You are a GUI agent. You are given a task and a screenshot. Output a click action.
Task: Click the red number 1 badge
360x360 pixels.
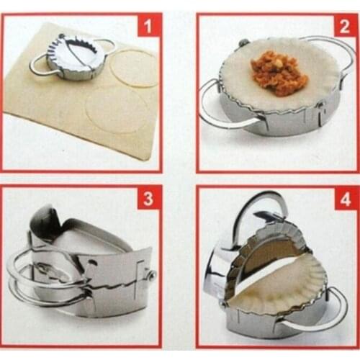(x=149, y=29)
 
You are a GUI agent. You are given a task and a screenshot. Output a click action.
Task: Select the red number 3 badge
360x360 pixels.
(x=150, y=198)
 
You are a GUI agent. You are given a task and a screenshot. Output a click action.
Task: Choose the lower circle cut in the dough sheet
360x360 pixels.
(x=117, y=112)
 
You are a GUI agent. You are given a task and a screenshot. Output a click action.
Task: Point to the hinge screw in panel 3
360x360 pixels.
(x=152, y=274)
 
